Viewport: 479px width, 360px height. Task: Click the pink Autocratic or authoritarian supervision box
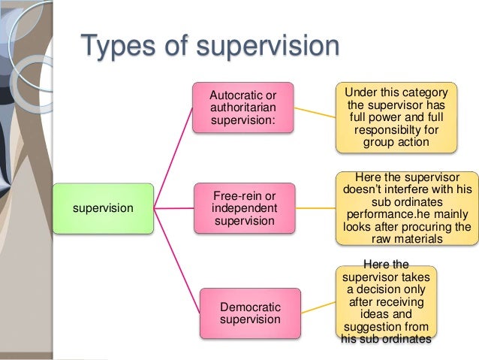239,109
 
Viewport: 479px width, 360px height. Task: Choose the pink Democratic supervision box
249,313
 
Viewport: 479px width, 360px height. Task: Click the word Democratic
250,307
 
